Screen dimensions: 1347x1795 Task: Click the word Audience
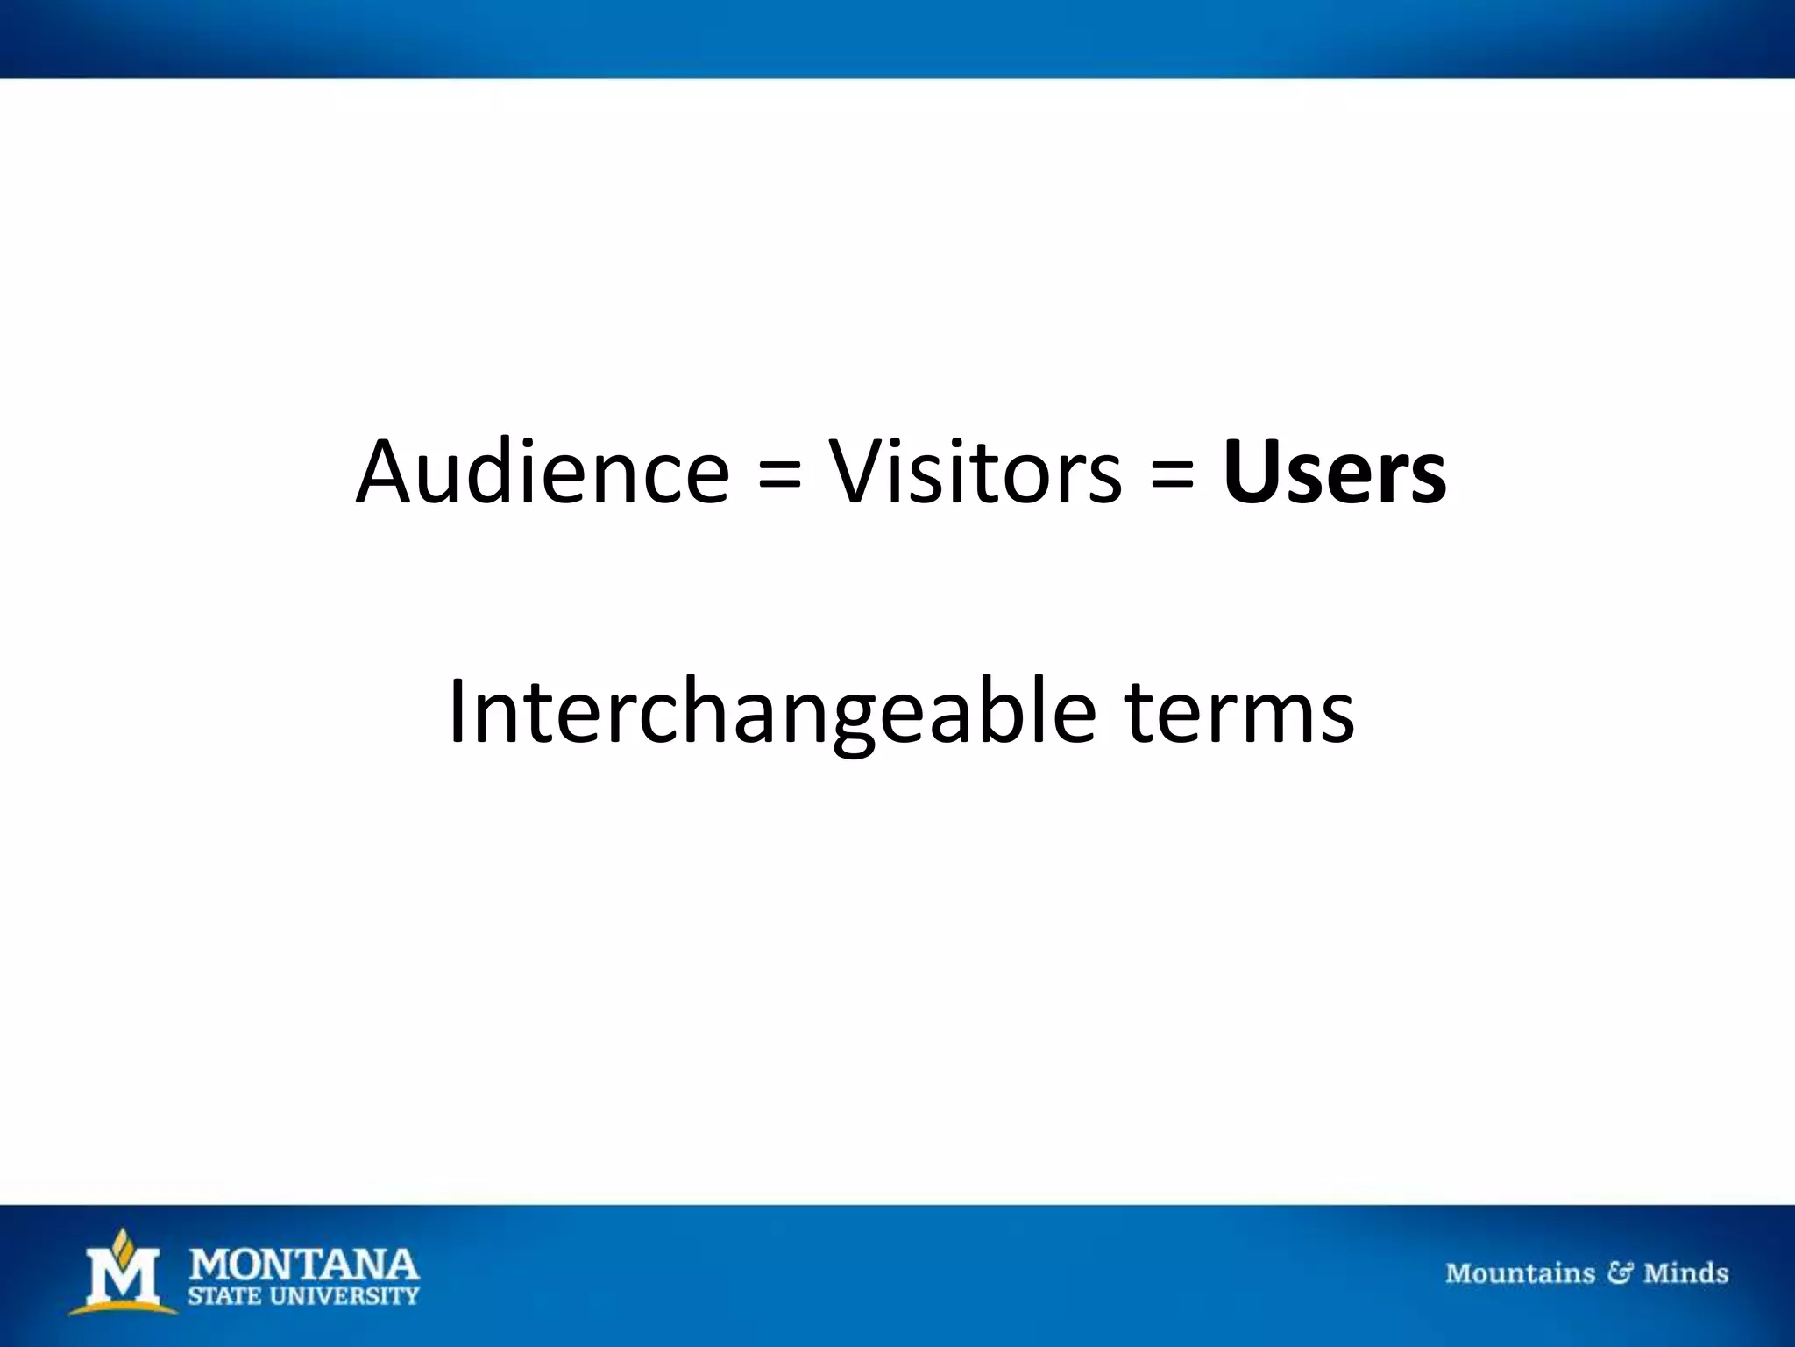click(x=543, y=474)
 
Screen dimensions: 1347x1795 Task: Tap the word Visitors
click(x=975, y=474)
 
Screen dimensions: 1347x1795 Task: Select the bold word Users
click(x=1334, y=474)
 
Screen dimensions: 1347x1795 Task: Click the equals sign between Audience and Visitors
click(x=779, y=478)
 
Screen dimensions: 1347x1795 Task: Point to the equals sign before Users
click(x=1172, y=478)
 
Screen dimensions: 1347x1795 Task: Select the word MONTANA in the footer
click(x=304, y=1265)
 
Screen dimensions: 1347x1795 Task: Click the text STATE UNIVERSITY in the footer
click(x=304, y=1296)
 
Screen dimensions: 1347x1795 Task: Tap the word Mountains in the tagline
click(x=1520, y=1273)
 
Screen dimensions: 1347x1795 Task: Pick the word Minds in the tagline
click(x=1685, y=1273)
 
